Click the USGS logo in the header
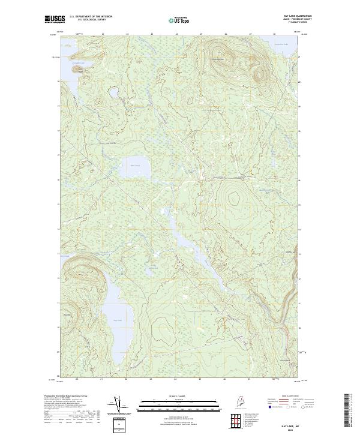pyautogui.click(x=55, y=19)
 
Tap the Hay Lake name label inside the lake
pyautogui.click(x=117, y=320)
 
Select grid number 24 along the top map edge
pyautogui.click(x=176, y=34)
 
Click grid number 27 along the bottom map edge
pyautogui.click(x=250, y=379)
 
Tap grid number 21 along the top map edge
pyautogui.click(x=103, y=34)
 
